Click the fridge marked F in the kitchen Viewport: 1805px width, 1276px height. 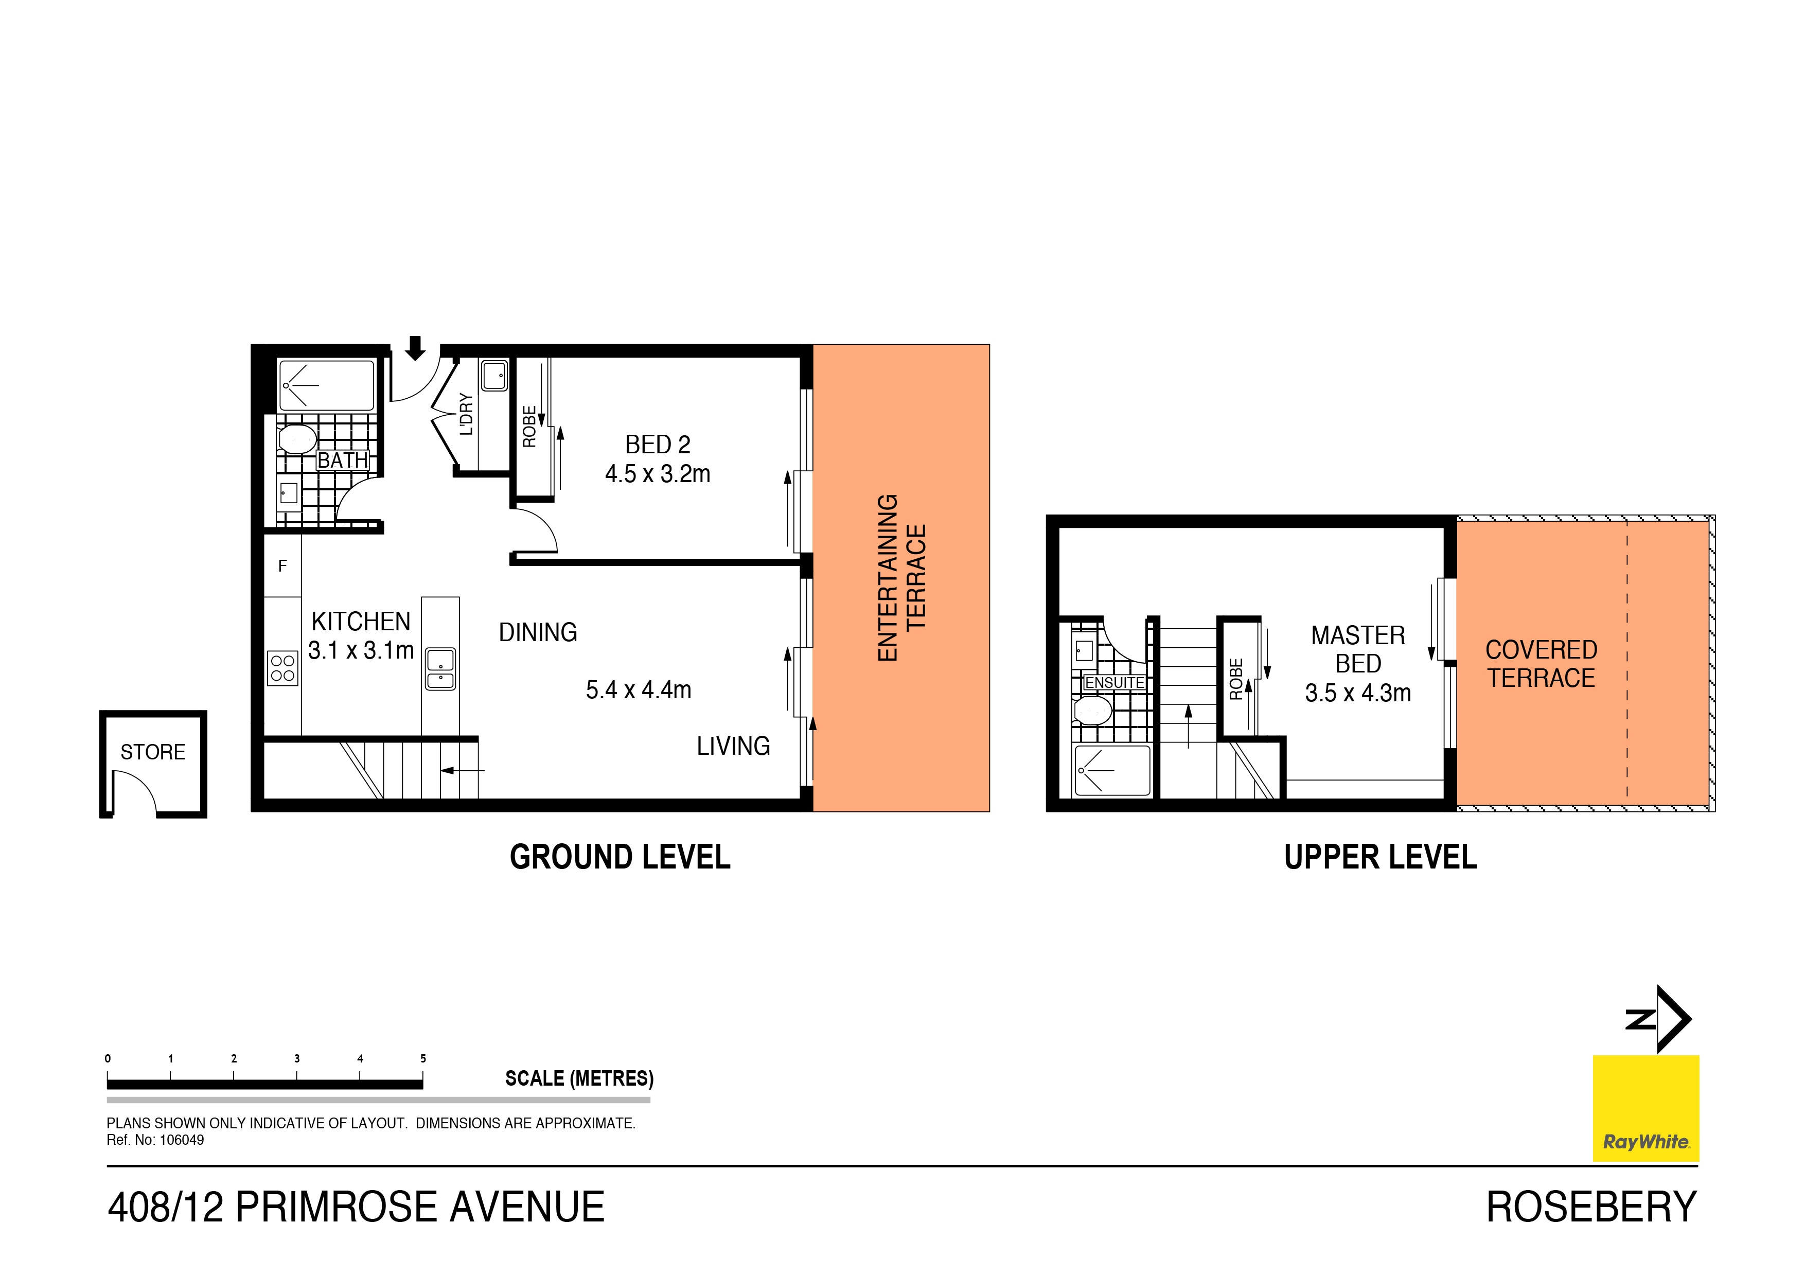(282, 566)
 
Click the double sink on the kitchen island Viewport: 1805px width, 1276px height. (440, 669)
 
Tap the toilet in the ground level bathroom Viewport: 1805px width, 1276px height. (297, 439)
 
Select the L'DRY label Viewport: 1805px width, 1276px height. (466, 414)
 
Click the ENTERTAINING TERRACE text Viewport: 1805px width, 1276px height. (901, 578)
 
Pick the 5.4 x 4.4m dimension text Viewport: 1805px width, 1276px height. (639, 690)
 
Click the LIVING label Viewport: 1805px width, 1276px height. (733, 746)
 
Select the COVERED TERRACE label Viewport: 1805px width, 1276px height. (1541, 664)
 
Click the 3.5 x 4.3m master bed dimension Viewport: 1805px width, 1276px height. (1358, 694)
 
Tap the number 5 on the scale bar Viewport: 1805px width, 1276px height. (423, 1058)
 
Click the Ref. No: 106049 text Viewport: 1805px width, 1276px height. (156, 1140)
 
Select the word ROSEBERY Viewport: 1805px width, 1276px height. (1591, 1208)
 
